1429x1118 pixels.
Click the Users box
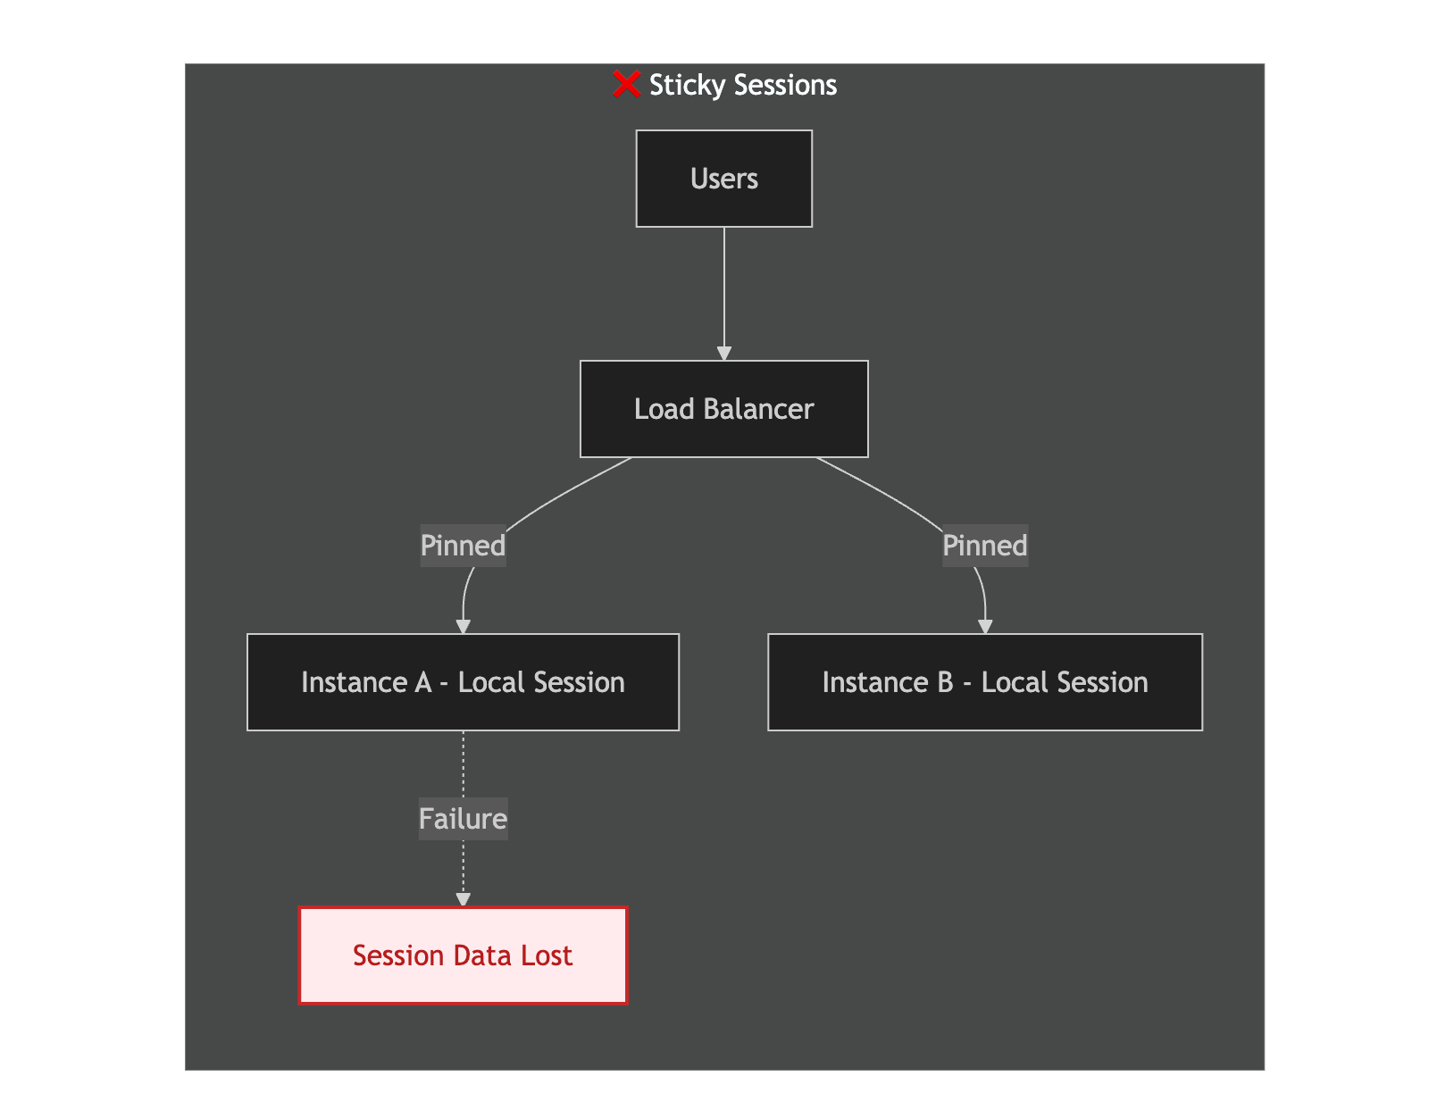point(723,178)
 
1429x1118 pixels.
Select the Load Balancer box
point(723,409)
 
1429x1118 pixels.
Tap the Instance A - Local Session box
point(463,682)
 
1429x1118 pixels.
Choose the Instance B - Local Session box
point(984,682)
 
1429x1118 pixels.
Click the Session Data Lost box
point(463,955)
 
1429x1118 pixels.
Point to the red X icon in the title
point(626,84)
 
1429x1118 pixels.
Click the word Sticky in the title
point(687,86)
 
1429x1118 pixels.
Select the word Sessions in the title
point(785,85)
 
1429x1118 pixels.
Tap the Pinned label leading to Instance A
point(463,546)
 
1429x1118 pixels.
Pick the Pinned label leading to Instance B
point(984,546)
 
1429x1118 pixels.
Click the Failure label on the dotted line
point(463,819)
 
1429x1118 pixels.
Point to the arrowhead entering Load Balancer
point(724,354)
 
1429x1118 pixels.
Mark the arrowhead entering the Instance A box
point(463,627)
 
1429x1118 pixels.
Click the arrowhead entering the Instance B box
point(985,627)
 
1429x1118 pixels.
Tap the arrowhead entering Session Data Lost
point(463,900)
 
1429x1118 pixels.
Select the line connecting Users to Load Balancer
point(724,288)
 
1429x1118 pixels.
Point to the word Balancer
point(758,409)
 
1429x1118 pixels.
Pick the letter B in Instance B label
point(945,682)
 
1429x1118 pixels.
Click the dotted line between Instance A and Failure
point(463,764)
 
